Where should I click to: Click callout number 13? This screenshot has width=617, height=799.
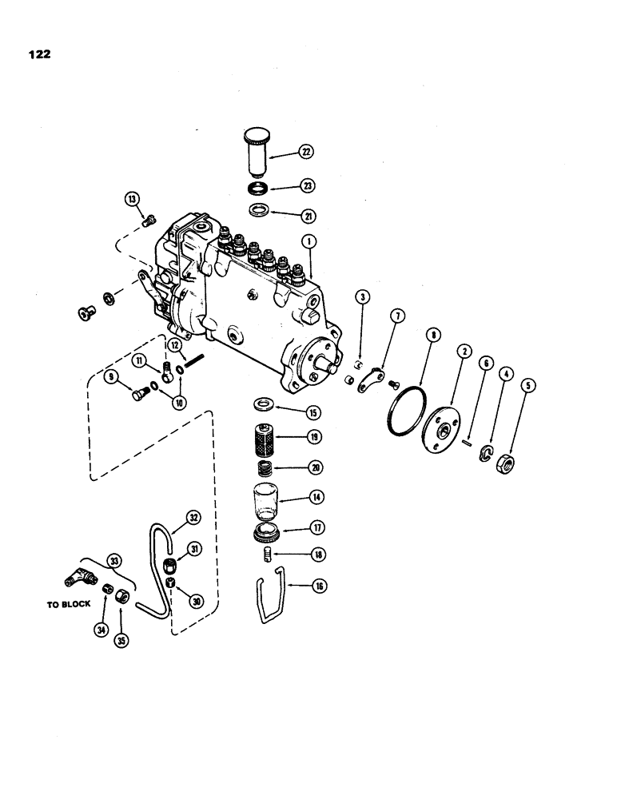[132, 198]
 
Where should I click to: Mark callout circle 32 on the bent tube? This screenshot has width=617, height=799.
[193, 517]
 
